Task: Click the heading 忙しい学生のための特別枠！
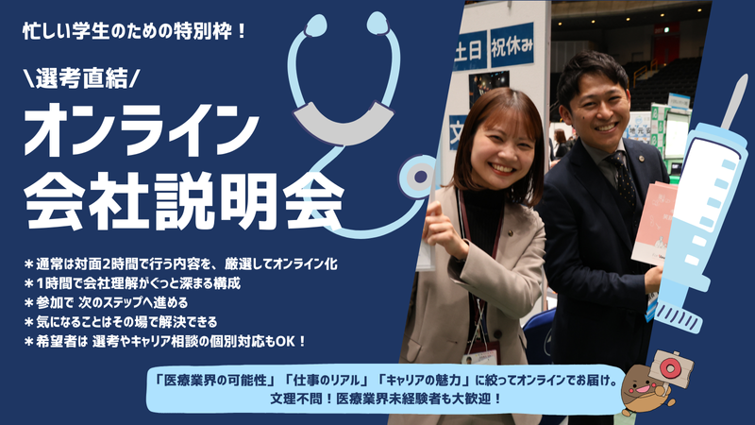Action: click(x=137, y=31)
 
